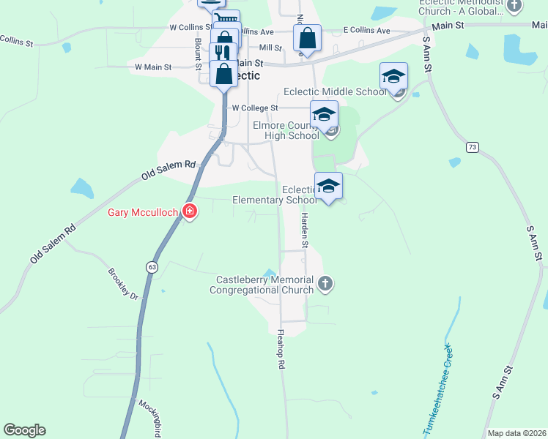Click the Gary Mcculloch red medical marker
coord(190,212)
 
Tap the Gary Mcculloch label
coord(144,213)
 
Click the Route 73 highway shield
coord(473,148)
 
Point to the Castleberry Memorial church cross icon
coord(325,282)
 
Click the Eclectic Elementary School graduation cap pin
coord(328,186)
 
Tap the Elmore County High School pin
coord(323,114)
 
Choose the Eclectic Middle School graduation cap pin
coord(393,76)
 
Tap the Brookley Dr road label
coord(122,285)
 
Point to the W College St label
coord(254,108)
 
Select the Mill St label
coord(271,47)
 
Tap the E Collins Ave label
coord(367,31)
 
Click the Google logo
coord(24,430)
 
